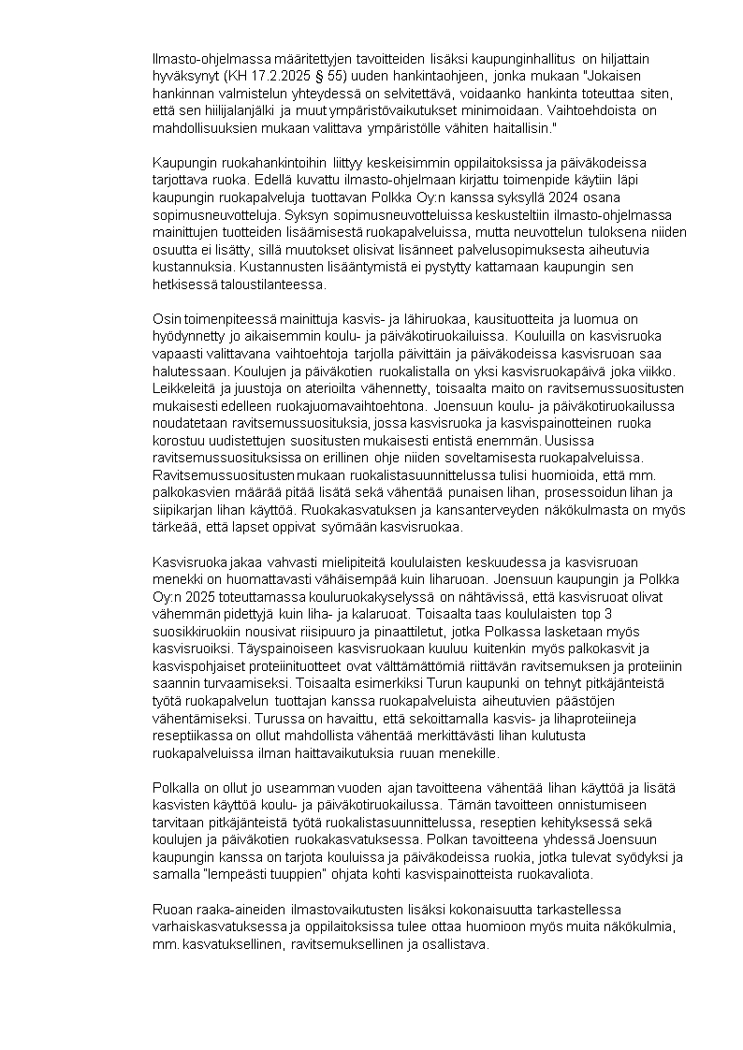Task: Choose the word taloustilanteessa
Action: (x=269, y=284)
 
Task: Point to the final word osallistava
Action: (x=458, y=943)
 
